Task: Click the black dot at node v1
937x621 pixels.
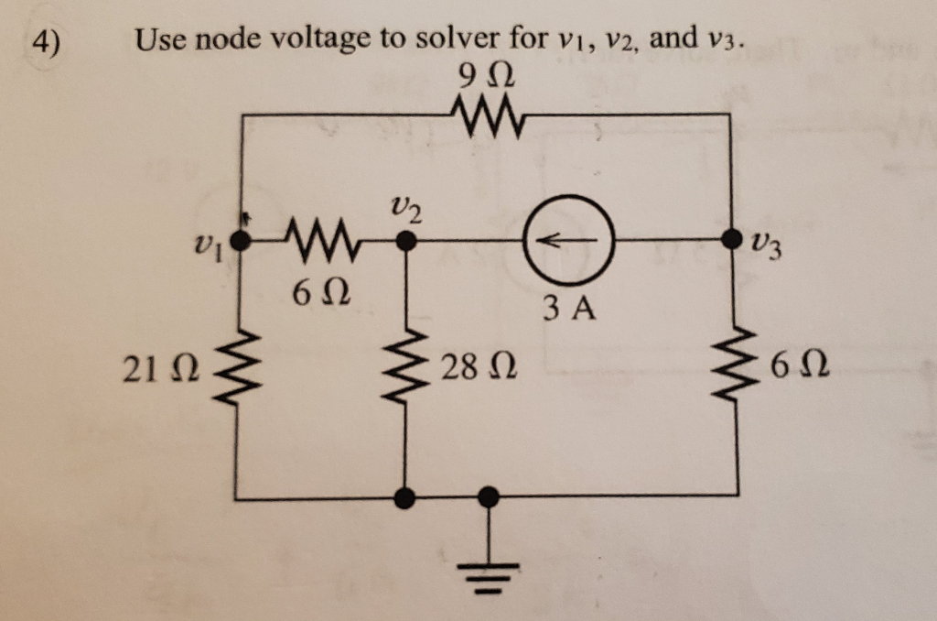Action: [240, 243]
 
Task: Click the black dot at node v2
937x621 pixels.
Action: [405, 242]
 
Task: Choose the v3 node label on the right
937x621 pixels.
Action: [768, 246]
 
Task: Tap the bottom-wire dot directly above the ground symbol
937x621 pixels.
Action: [490, 497]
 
